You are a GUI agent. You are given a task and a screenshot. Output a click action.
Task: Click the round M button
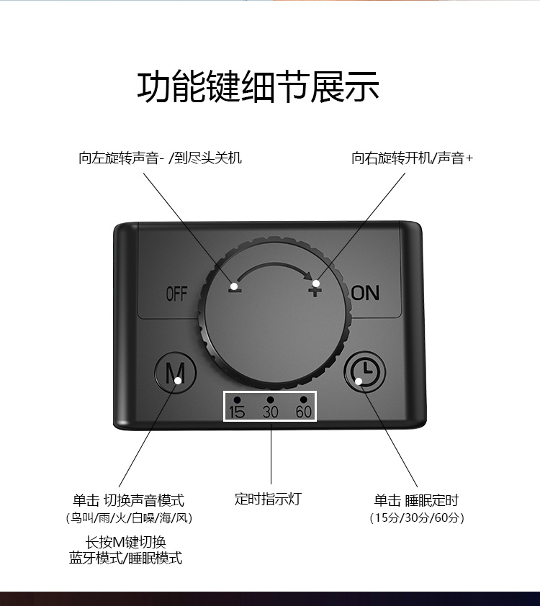(x=176, y=373)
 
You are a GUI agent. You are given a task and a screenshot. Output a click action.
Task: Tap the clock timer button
(x=364, y=372)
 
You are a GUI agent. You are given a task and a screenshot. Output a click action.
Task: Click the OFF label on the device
(x=176, y=294)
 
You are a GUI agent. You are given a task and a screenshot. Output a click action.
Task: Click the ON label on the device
(x=365, y=292)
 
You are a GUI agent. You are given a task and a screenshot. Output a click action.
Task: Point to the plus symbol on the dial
(x=315, y=289)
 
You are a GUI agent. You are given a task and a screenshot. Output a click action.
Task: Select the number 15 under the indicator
(x=237, y=412)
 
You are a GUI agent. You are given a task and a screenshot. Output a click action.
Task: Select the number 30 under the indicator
(x=270, y=412)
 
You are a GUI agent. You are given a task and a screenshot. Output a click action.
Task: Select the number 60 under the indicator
(x=304, y=412)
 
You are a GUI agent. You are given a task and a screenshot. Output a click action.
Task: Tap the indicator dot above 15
(x=237, y=399)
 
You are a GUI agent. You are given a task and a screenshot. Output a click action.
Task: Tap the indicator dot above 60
(x=304, y=399)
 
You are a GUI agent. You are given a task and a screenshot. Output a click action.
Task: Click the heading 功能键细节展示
(x=258, y=88)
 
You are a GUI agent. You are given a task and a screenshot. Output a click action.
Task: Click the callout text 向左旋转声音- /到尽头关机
(x=160, y=158)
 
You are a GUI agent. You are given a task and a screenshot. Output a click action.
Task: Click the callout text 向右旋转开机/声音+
(x=413, y=158)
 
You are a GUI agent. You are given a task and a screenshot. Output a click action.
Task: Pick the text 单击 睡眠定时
(x=416, y=500)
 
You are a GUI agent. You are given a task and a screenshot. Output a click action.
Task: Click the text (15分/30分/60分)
(x=417, y=517)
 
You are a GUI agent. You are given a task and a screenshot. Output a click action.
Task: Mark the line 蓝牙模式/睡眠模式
(x=126, y=558)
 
